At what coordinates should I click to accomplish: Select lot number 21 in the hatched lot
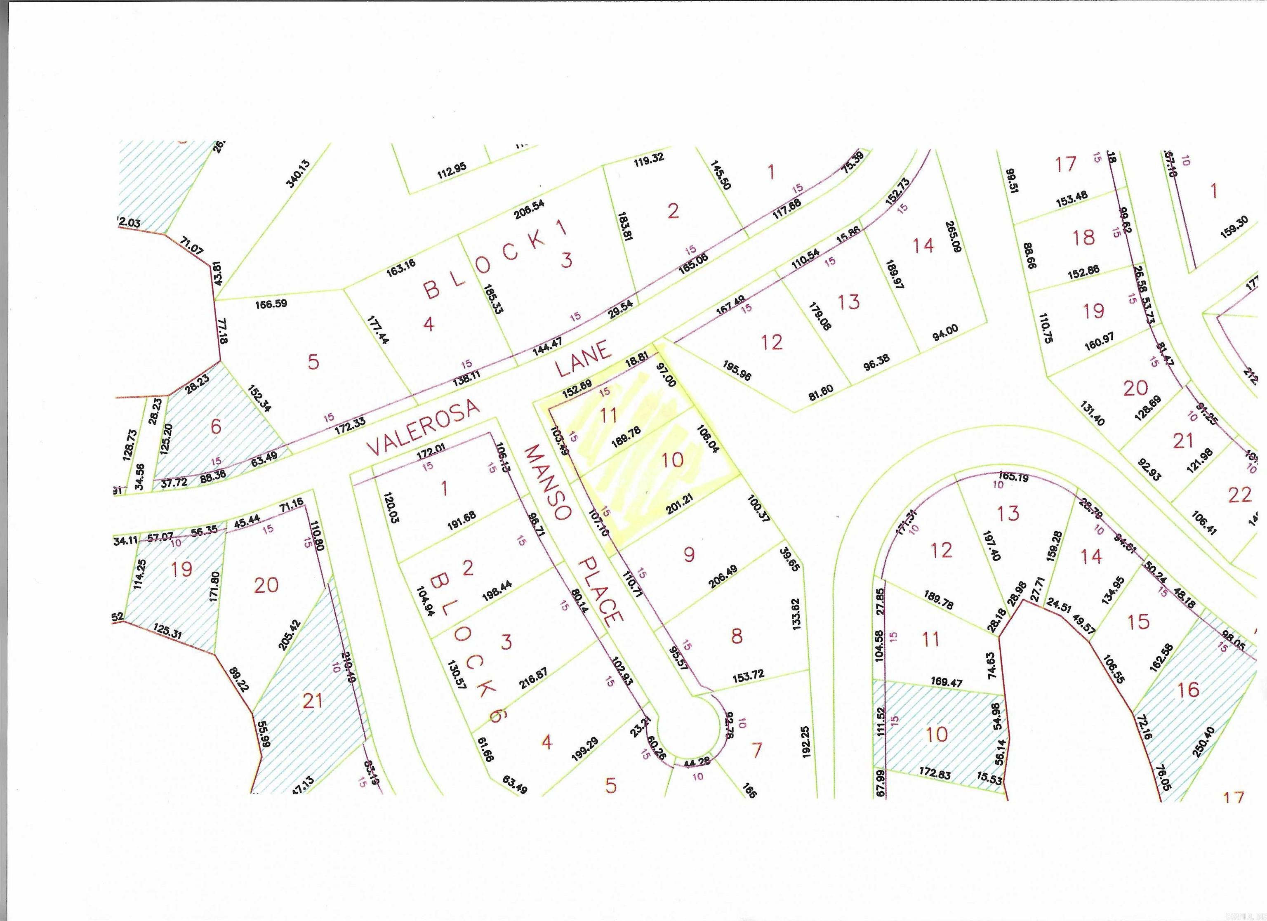[x=312, y=700]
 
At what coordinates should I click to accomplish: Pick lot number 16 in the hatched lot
[x=1188, y=690]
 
